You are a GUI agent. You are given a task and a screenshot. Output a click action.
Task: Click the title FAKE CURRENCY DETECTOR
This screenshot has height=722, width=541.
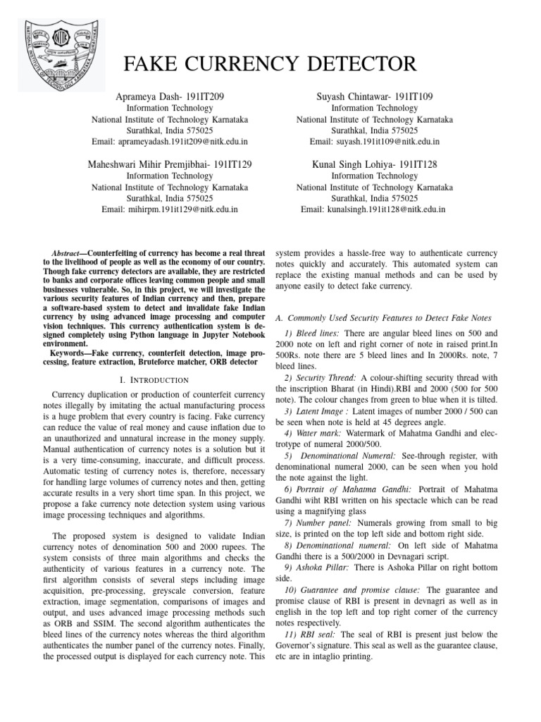270,65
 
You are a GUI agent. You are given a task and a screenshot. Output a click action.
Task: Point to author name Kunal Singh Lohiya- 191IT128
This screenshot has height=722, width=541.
374,164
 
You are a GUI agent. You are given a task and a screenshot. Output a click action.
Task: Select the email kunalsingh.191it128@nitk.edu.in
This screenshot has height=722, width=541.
374,209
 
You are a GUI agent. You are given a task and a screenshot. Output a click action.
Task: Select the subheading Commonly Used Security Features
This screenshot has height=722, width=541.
387,318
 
